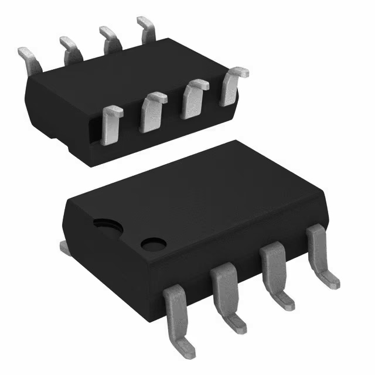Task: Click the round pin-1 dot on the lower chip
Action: pos(154,243)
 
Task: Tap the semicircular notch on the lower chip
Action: pos(106,226)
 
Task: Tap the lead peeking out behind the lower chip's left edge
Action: pos(65,248)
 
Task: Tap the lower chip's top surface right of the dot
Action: pos(234,199)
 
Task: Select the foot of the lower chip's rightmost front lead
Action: pos(329,279)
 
